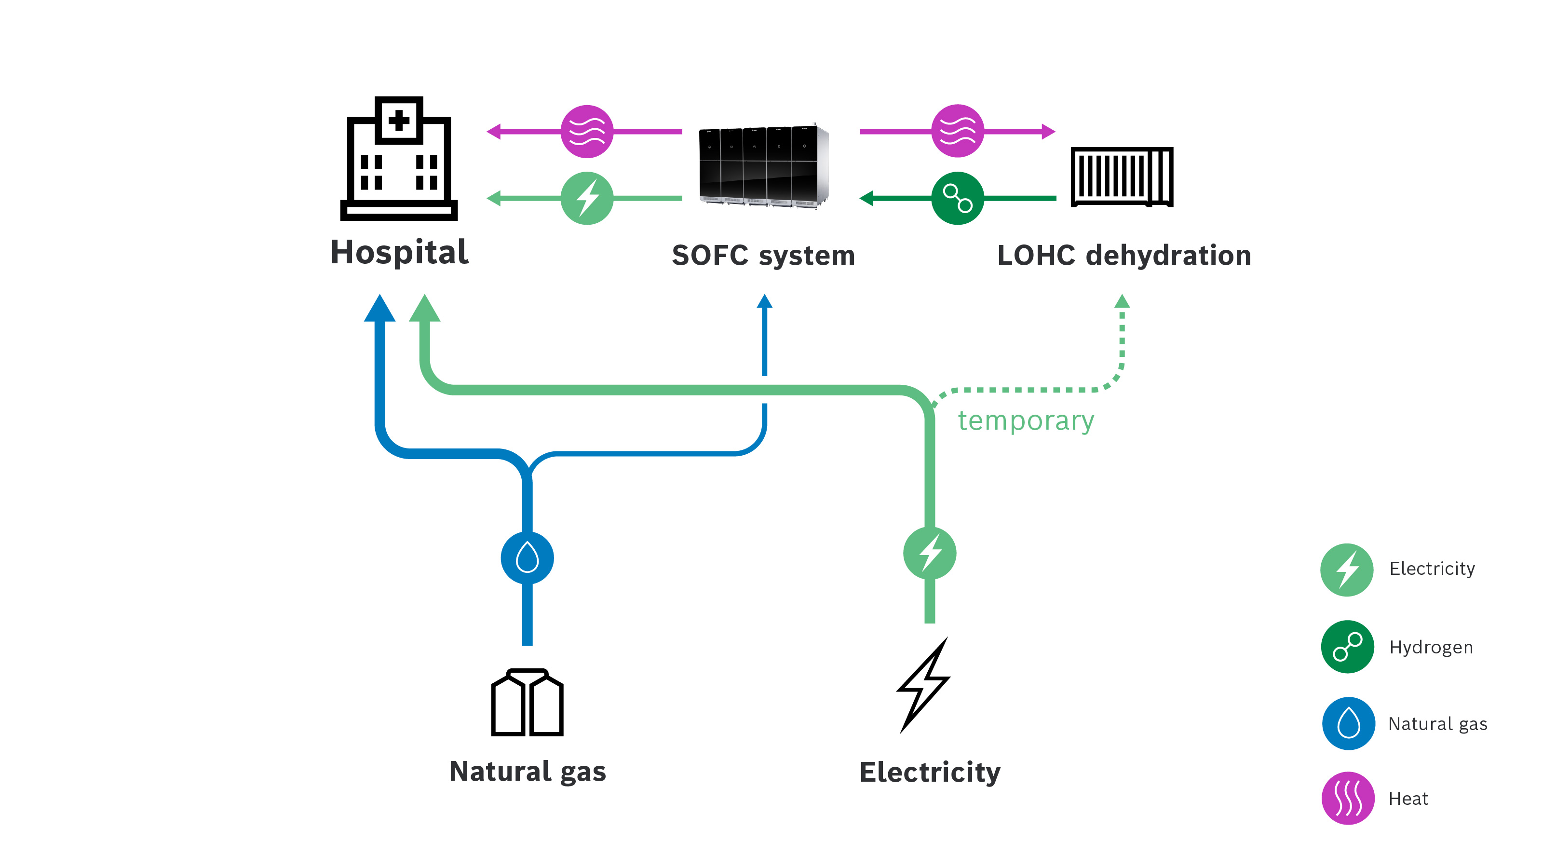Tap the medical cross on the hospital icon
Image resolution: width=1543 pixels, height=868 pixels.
point(399,121)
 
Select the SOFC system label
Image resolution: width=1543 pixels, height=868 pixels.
point(763,256)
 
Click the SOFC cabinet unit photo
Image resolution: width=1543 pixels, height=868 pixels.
point(763,166)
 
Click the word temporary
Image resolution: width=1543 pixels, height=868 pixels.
point(1026,420)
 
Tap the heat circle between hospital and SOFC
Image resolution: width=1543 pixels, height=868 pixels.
point(587,131)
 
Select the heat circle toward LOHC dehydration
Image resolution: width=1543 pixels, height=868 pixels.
point(957,131)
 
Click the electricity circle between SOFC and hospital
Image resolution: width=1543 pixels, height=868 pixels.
point(587,198)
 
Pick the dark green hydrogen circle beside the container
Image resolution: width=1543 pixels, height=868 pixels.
point(957,198)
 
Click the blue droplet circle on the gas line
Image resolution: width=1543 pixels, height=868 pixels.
point(527,558)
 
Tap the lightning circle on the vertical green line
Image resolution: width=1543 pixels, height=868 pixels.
point(930,553)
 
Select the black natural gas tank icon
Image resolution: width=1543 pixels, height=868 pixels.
point(527,703)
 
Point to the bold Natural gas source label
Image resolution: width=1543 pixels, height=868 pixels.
point(527,772)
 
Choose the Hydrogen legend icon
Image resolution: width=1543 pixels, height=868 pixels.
point(1347,647)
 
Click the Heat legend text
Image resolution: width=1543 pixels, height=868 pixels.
point(1408,799)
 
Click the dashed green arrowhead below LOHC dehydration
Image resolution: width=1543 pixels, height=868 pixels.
point(1122,301)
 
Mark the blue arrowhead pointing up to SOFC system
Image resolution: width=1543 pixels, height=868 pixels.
point(764,301)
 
